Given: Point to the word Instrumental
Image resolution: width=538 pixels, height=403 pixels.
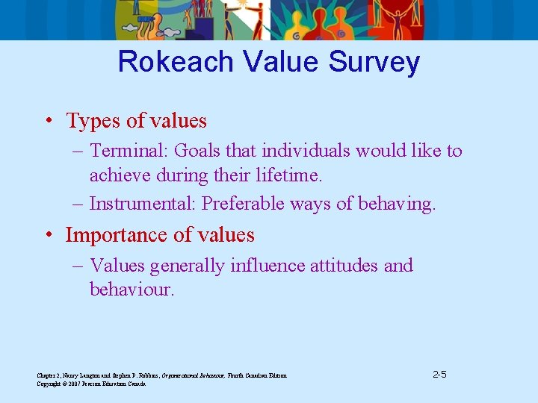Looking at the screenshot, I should pyautogui.click(x=143, y=204).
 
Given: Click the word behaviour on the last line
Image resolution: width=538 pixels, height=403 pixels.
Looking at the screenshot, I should pyautogui.click(x=130, y=289).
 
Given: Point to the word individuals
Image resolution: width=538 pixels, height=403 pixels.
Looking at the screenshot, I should pyautogui.click(x=305, y=151).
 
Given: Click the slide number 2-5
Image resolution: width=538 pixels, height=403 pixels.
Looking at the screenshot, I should pyautogui.click(x=440, y=374).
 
